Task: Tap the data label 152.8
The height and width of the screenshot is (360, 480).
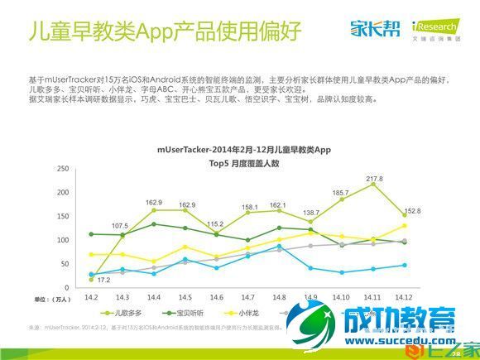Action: click(x=411, y=211)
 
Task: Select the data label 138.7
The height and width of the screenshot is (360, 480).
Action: click(x=310, y=214)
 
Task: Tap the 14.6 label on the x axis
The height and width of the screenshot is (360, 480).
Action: click(x=216, y=296)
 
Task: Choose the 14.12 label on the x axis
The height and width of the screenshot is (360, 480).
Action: click(x=404, y=296)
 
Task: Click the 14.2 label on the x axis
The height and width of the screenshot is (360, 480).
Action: click(x=91, y=296)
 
